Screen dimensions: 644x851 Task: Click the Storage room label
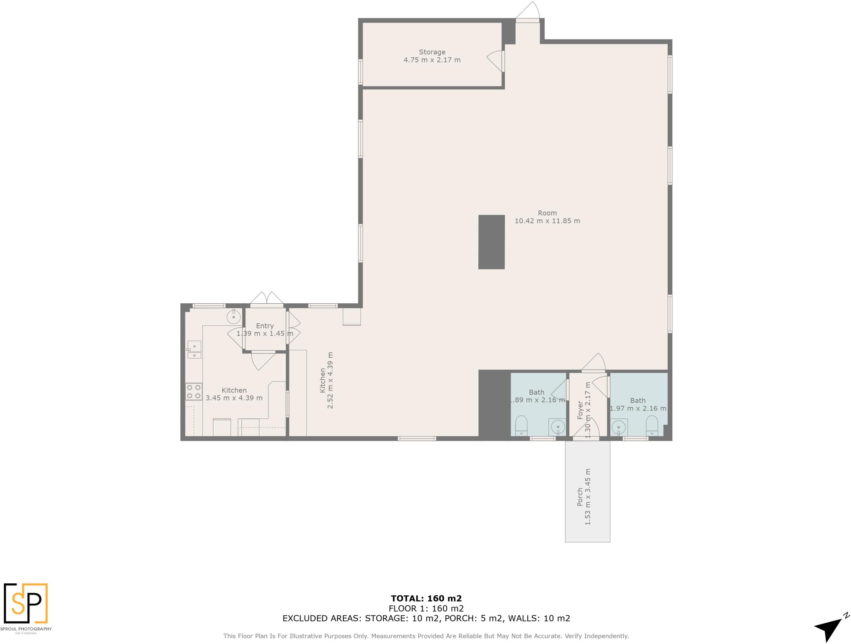pos(432,52)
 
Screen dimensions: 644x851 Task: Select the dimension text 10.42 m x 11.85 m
pos(547,221)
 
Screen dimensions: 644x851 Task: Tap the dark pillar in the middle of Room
pos(491,242)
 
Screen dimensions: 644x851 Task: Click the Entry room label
pos(265,326)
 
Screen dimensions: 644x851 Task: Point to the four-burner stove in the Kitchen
pos(194,391)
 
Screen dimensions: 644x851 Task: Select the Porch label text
pos(580,497)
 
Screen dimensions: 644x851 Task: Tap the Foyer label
pos(580,410)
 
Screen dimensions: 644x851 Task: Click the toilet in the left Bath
pos(521,426)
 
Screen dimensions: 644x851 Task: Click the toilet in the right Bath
pos(652,426)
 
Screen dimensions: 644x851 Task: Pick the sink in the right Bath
pos(619,427)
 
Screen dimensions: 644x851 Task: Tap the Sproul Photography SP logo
pos(26,604)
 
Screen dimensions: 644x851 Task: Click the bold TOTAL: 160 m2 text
pos(426,598)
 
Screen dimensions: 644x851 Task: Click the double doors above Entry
pos(267,299)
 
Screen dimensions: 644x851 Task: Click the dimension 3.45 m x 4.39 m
pos(234,398)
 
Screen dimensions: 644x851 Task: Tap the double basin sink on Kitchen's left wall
pos(194,349)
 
